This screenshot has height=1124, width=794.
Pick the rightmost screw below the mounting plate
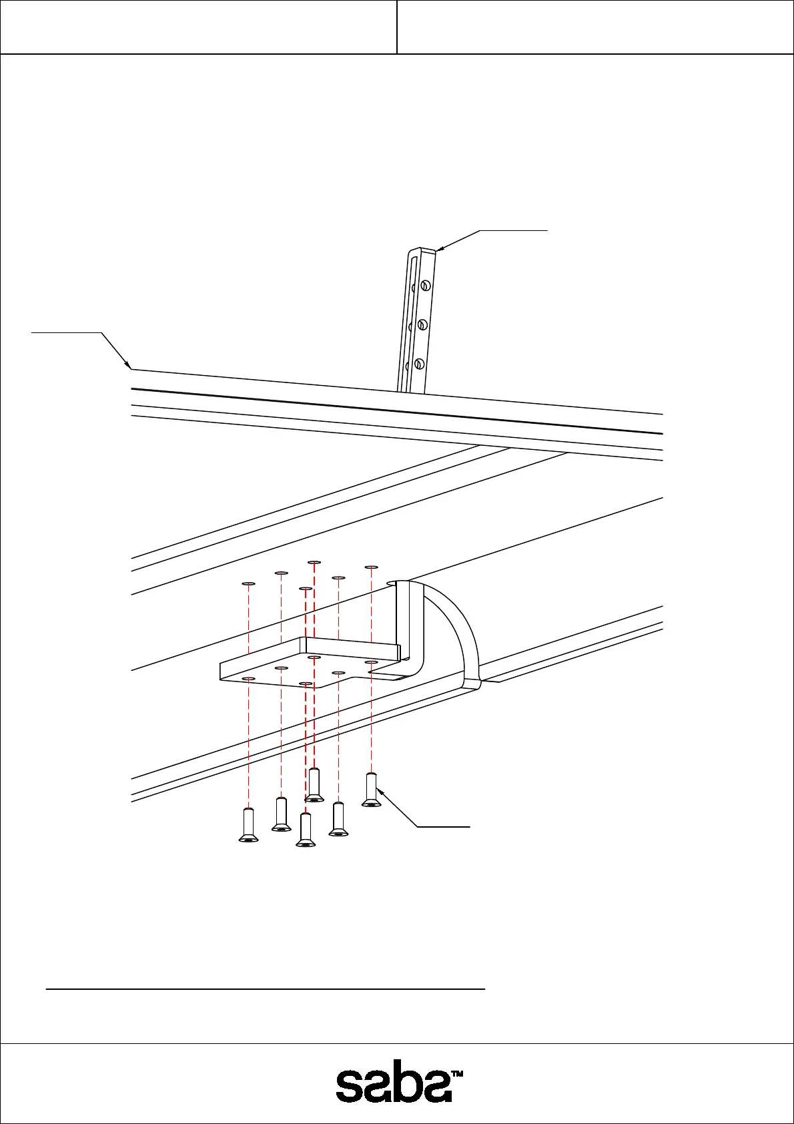pos(372,790)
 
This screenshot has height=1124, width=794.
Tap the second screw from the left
pos(281,814)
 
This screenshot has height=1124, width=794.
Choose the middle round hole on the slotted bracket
pos(422,325)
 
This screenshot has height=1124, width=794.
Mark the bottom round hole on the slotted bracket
pos(419,364)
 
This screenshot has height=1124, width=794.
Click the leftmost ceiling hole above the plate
pos(248,583)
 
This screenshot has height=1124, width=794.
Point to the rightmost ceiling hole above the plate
pos(372,567)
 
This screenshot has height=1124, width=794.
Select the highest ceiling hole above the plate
pos(314,563)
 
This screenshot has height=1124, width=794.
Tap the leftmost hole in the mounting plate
pos(248,678)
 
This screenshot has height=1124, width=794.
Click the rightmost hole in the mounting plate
pos(372,662)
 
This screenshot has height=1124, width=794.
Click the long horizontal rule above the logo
pos(265,989)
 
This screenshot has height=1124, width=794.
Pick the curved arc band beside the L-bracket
pos(460,634)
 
